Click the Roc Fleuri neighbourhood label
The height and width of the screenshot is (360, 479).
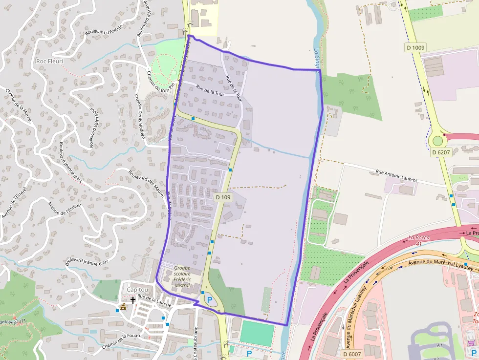(x=49, y=61)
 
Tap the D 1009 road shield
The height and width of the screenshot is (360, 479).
(x=415, y=47)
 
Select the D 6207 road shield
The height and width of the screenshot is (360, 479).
(x=441, y=152)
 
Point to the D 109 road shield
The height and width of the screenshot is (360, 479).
(x=223, y=197)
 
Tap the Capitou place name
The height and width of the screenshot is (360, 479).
(x=138, y=289)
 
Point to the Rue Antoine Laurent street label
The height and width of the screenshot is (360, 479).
(x=396, y=176)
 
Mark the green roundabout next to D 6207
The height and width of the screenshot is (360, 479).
(x=437, y=141)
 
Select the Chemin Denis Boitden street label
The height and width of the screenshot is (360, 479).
(x=139, y=116)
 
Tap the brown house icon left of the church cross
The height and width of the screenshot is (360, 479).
(x=123, y=307)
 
